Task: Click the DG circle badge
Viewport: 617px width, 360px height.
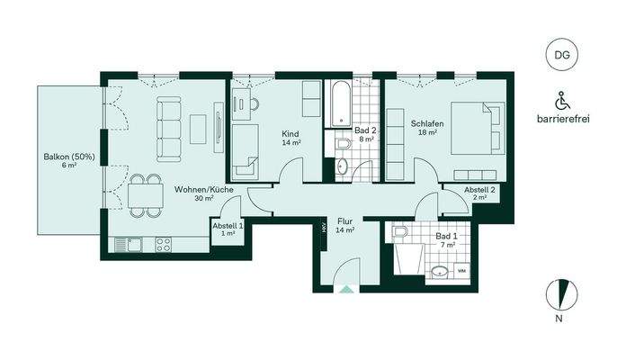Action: (x=561, y=56)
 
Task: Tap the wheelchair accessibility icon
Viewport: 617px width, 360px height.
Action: (x=562, y=99)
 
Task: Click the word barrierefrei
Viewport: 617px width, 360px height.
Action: (x=562, y=118)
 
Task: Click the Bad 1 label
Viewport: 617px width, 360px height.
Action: (x=445, y=238)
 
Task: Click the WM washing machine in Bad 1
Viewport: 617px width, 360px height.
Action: (x=461, y=270)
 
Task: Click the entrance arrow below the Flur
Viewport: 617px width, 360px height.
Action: (x=345, y=288)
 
